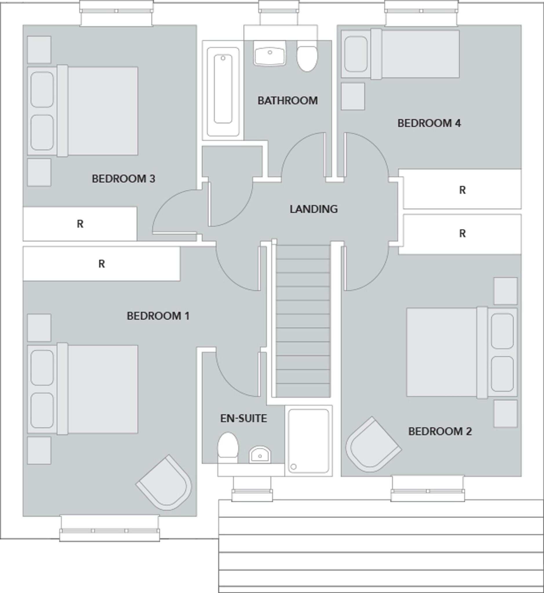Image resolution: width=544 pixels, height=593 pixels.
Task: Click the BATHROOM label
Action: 287,100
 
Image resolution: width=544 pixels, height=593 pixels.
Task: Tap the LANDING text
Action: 314,209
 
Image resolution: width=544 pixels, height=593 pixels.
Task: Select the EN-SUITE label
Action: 243,418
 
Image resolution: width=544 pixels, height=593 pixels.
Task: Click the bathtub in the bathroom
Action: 223,91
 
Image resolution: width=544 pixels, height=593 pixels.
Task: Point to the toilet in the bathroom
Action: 307,58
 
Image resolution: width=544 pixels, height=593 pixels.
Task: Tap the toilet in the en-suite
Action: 228,446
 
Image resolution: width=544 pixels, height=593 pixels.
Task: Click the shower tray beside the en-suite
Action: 308,441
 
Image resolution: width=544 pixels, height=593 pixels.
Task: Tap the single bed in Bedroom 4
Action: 400,54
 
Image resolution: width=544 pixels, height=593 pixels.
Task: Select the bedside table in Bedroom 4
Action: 353,96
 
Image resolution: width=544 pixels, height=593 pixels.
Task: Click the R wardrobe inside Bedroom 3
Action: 80,224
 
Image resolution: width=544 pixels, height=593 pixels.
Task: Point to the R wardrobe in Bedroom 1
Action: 101,264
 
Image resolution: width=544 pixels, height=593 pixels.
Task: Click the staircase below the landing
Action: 303,321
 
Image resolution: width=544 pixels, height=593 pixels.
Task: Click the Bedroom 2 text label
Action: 440,431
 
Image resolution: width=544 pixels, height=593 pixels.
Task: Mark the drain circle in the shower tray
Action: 293,466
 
